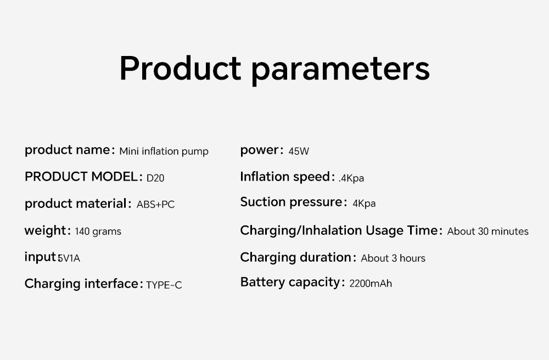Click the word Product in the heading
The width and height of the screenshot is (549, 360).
point(180,68)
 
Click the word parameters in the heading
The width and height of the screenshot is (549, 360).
point(341,70)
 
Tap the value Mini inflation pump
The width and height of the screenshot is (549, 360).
point(164,151)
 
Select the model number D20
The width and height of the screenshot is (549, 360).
point(155,178)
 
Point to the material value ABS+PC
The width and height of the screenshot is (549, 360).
point(155,204)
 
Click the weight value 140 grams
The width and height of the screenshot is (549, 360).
point(98,231)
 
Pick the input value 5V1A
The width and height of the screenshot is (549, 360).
point(69,258)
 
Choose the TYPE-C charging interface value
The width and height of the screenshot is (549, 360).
point(164,285)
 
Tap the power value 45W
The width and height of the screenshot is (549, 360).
point(299,151)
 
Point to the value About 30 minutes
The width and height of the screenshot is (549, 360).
point(488,231)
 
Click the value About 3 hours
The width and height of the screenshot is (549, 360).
point(393,258)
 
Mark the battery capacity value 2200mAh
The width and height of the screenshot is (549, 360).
point(371,283)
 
